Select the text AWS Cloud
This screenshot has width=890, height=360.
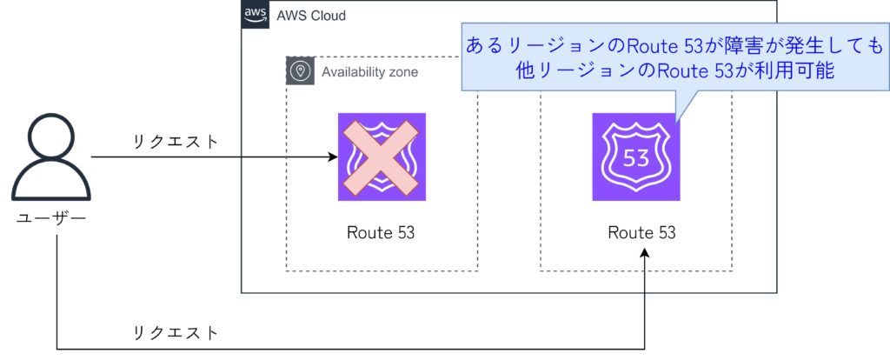[310, 16]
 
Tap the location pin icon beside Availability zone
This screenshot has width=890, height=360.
[301, 71]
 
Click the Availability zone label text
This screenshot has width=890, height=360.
[369, 71]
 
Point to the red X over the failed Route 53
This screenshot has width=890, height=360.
[382, 157]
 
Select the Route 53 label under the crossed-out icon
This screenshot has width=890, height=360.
[381, 232]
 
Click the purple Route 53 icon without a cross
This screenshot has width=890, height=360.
[635, 157]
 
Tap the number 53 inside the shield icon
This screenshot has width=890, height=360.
[635, 160]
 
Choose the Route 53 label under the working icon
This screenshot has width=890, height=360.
[641, 232]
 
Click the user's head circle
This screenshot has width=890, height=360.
[51, 137]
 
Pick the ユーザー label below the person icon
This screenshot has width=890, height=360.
[51, 217]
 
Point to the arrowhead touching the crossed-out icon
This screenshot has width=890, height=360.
[333, 157]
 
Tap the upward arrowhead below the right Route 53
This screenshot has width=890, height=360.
[644, 253]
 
